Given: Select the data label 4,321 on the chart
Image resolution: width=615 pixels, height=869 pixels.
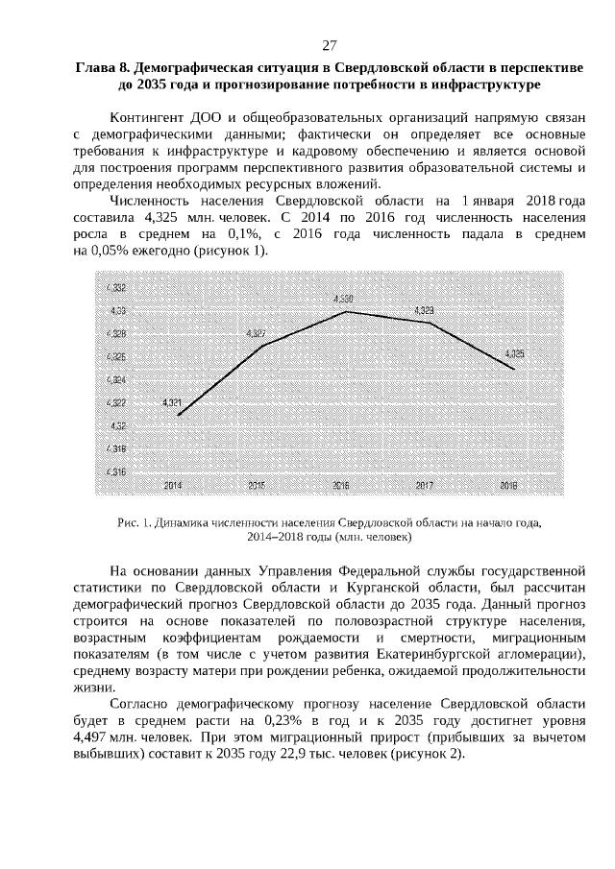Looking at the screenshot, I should coord(173,402).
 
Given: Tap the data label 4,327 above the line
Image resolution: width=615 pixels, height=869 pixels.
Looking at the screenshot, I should coord(257,333).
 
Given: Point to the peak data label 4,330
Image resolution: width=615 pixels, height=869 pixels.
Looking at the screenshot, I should coord(343,300).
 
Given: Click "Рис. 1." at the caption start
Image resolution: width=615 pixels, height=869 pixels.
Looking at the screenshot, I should coord(129,523).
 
